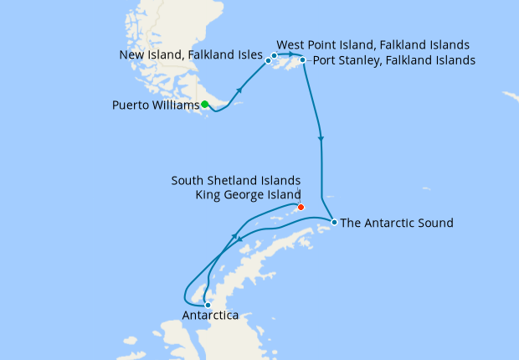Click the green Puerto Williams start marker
[204, 105]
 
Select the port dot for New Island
[268, 60]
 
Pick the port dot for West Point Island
[274, 55]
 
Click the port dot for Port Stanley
[303, 60]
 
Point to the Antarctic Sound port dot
[334, 223]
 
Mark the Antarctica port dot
[208, 305]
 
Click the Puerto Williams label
[155, 105]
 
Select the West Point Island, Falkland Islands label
[373, 44]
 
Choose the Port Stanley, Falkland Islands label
[393, 60]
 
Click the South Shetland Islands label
[235, 180]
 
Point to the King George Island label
[247, 194]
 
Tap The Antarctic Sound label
[397, 223]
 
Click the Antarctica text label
[210, 316]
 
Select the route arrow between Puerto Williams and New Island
[241, 89]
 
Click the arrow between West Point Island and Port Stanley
[290, 54]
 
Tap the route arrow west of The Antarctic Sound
[240, 239]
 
